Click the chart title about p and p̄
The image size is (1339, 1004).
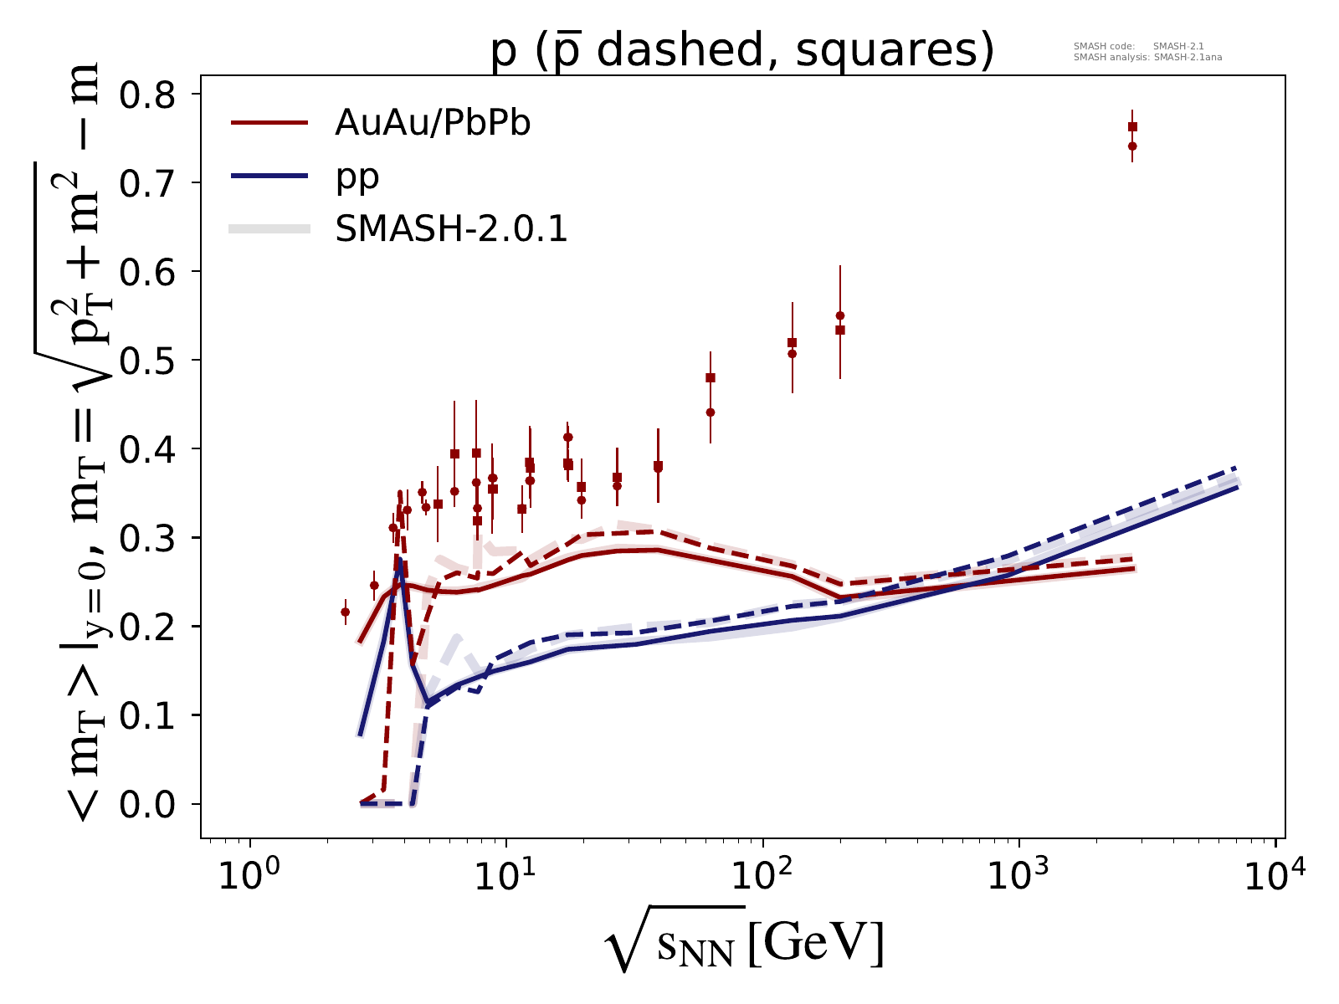(x=741, y=51)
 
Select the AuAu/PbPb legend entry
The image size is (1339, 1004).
(x=433, y=124)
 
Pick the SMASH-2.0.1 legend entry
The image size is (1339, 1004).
(x=451, y=229)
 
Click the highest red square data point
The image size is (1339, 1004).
(x=1132, y=127)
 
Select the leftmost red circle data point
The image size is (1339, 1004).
(x=345, y=612)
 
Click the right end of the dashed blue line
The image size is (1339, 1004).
(x=1237, y=468)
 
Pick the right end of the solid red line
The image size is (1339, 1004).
(x=1135, y=569)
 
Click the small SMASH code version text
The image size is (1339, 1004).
(x=1138, y=47)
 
